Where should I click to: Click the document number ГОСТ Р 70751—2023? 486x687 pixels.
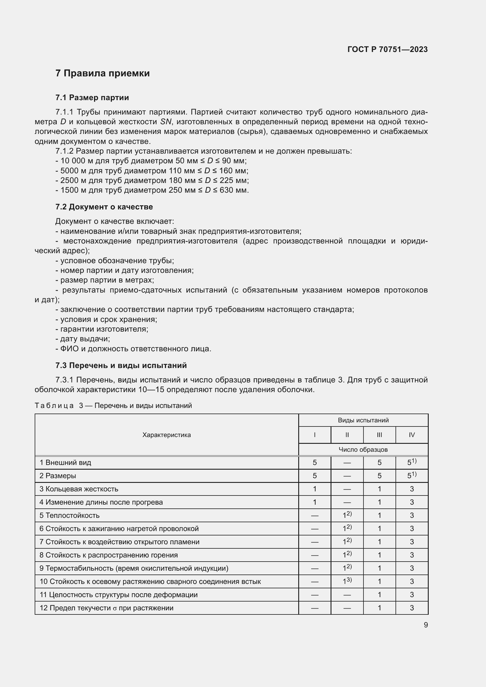point(387,49)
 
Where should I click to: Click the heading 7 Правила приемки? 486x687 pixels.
point(102,73)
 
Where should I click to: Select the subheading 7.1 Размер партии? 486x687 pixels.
point(92,98)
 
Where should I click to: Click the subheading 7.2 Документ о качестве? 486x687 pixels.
point(104,207)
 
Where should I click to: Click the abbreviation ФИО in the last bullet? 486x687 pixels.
point(69,349)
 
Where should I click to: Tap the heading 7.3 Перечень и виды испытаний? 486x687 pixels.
point(121,365)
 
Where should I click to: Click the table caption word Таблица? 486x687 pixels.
point(54,406)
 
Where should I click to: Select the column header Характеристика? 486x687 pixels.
point(166,435)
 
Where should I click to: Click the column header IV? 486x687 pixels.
point(411,435)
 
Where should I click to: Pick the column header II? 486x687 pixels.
point(347,435)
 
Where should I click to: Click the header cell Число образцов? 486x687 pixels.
point(363,450)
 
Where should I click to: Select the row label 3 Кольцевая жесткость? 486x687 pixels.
point(79,489)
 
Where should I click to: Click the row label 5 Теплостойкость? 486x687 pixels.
point(69,515)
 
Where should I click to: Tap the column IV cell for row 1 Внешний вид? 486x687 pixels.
point(411,463)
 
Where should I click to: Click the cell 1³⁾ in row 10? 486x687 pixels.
point(347,581)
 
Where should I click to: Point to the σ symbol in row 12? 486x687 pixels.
point(115,608)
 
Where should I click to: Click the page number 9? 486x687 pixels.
point(425,625)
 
